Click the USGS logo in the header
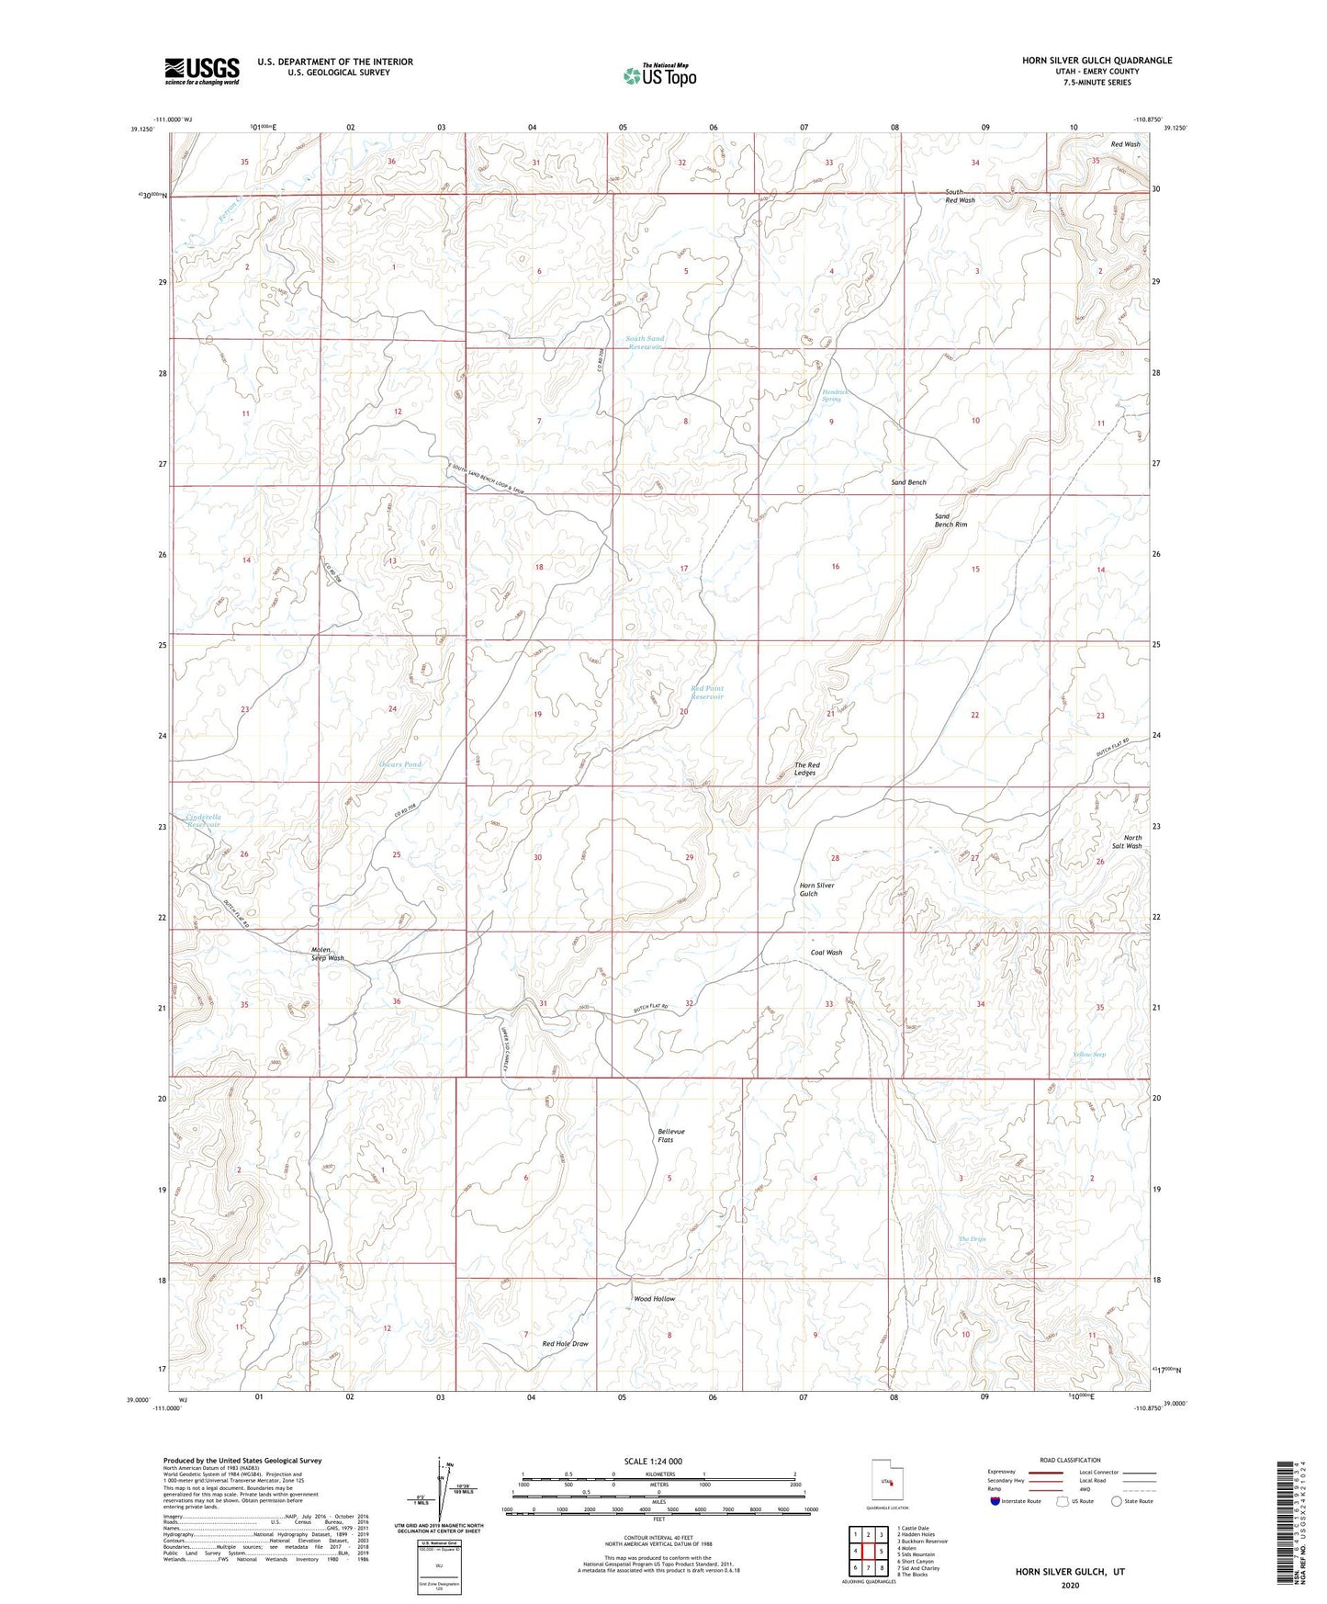pos(202,71)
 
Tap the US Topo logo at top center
pos(659,75)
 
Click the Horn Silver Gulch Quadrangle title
pos(1096,61)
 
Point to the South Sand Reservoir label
pos(645,343)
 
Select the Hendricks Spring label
pos(831,395)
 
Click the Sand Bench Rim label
pos(950,520)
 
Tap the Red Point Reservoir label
pos(707,693)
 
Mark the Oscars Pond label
pos(399,764)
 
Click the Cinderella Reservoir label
pos(204,820)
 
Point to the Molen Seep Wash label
pos(327,954)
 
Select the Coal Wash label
pos(827,953)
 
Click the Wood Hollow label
pos(655,1299)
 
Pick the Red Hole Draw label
pos(565,1344)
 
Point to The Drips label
pos(972,1239)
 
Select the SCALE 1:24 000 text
pos(653,1461)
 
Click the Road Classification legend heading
pos(1069,1460)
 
